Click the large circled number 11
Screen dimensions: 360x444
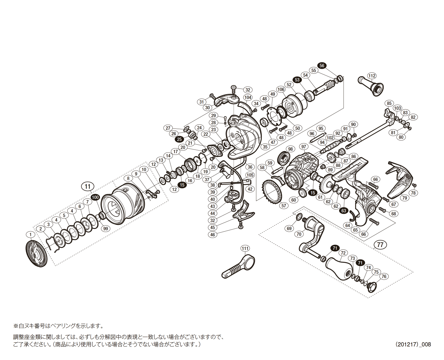(87, 186)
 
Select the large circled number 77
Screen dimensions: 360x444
(380, 245)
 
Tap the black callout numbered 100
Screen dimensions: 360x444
(96, 197)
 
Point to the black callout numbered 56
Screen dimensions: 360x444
(322, 66)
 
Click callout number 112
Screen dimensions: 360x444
(372, 76)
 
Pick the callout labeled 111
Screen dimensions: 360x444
(245, 248)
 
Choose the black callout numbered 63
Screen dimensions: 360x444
(343, 211)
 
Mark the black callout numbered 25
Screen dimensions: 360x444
(179, 139)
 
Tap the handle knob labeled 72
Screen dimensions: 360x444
(339, 268)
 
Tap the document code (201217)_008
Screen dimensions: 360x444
(413, 344)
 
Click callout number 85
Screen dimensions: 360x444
(389, 103)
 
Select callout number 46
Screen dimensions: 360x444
(212, 235)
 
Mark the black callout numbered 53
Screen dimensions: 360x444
(297, 80)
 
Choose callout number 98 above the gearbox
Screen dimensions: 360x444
(290, 149)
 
